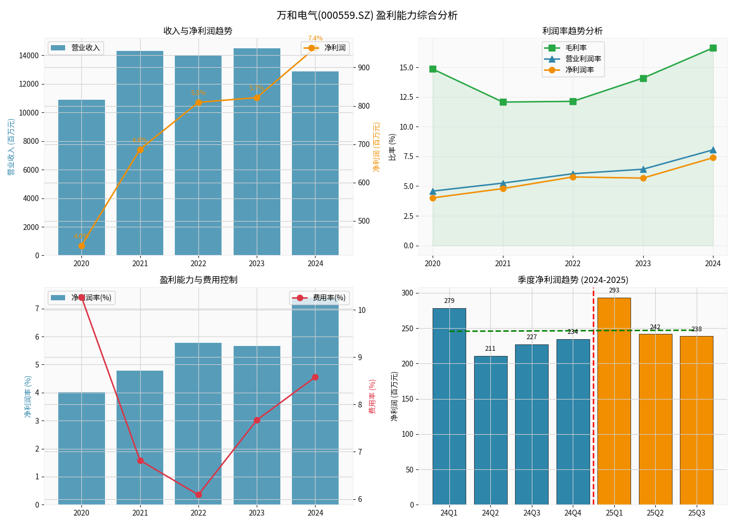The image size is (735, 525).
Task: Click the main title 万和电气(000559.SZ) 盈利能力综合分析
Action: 367,15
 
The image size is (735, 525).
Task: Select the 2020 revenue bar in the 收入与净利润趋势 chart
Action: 81,178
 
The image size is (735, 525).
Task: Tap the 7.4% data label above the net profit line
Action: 315,38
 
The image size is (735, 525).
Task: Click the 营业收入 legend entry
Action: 76,48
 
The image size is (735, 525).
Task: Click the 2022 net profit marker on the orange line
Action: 198,102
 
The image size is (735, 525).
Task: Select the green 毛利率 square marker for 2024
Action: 713,48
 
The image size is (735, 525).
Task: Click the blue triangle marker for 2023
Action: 643,169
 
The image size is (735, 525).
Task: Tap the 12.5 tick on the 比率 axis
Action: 406,97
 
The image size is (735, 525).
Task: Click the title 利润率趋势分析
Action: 572,31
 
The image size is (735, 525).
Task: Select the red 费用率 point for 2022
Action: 198,495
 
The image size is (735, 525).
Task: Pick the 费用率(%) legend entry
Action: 320,298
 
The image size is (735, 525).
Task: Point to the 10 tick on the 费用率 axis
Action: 362,310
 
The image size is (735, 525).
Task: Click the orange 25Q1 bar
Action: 614,402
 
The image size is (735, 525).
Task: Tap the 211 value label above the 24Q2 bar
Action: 490,349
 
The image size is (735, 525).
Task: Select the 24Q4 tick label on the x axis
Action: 573,513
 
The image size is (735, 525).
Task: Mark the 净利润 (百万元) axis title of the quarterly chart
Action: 395,396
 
